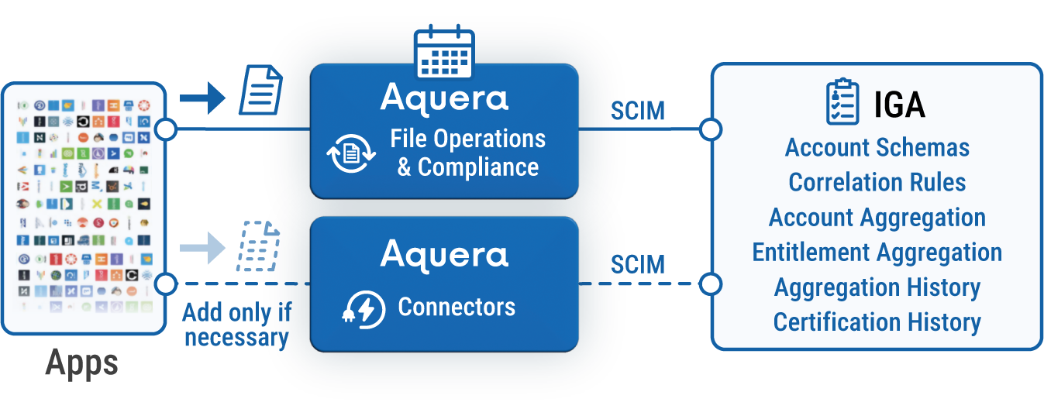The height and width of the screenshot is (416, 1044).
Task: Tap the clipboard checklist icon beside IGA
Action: [842, 102]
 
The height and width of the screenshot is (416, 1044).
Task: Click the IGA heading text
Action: [899, 104]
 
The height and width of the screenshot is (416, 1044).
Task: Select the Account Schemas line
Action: [877, 147]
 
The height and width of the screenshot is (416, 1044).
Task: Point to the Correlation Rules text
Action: [877, 182]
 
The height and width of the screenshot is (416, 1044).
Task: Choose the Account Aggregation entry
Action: [877, 218]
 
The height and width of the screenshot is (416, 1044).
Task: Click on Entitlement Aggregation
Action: [877, 253]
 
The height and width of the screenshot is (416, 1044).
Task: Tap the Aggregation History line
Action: [877, 287]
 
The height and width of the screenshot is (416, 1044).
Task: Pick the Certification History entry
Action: [877, 322]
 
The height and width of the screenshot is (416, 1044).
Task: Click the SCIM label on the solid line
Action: [637, 112]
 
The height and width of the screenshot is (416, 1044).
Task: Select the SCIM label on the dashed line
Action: [637, 265]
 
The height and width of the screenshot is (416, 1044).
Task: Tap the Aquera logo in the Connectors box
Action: [444, 254]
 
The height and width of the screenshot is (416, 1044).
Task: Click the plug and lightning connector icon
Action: [361, 309]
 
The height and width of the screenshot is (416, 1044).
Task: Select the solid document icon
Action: [260, 91]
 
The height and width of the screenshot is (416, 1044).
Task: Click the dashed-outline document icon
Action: [258, 246]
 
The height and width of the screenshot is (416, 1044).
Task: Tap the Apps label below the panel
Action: [82, 363]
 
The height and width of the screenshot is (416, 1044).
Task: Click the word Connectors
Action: [457, 308]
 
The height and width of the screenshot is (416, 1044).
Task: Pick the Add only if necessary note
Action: [237, 325]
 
